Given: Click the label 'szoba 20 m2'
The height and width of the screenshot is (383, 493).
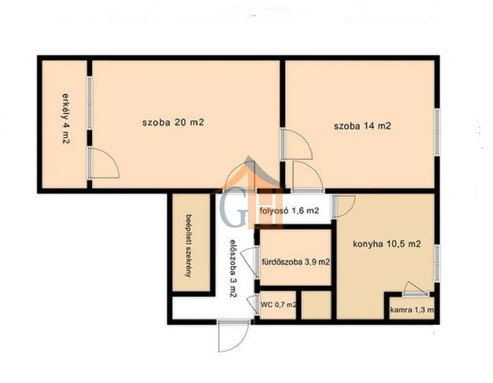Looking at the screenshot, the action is pyautogui.click(x=173, y=122).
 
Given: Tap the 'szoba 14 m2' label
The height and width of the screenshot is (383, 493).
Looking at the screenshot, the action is pyautogui.click(x=362, y=126).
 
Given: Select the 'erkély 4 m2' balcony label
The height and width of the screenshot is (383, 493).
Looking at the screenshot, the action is pyautogui.click(x=66, y=118).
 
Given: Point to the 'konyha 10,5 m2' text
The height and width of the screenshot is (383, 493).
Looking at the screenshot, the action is pyautogui.click(x=387, y=244).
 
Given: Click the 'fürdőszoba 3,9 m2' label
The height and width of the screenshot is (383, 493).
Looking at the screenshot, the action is pyautogui.click(x=296, y=262).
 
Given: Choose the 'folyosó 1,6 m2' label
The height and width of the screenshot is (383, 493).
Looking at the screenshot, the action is pyautogui.click(x=289, y=211).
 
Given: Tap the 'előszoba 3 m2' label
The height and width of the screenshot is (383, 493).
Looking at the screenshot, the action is pyautogui.click(x=233, y=268).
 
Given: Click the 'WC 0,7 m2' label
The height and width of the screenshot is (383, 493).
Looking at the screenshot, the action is pyautogui.click(x=278, y=305).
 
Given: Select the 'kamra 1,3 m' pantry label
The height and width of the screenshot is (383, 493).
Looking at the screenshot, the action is pyautogui.click(x=412, y=310).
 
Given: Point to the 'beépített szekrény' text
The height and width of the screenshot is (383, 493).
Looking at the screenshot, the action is pyautogui.click(x=189, y=246).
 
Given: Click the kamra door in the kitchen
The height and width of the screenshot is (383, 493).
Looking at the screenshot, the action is pyautogui.click(x=416, y=288).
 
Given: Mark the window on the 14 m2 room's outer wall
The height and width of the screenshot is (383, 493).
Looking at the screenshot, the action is pyautogui.click(x=437, y=132).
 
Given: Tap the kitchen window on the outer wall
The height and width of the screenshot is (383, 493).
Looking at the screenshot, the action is pyautogui.click(x=437, y=264).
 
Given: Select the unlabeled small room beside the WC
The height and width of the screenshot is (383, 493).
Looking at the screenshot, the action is pyautogui.click(x=316, y=305).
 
